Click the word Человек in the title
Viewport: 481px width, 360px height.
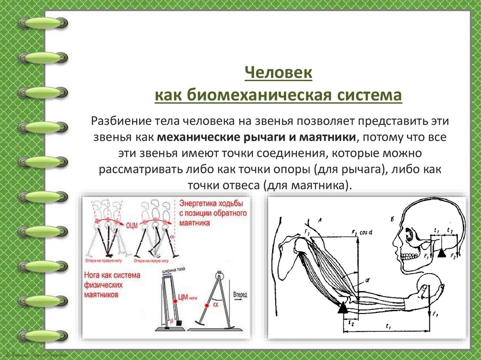click(x=279, y=74)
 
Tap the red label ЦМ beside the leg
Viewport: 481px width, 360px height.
click(x=183, y=298)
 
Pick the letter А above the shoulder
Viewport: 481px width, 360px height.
click(x=319, y=219)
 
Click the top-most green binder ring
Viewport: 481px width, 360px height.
click(x=42, y=23)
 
